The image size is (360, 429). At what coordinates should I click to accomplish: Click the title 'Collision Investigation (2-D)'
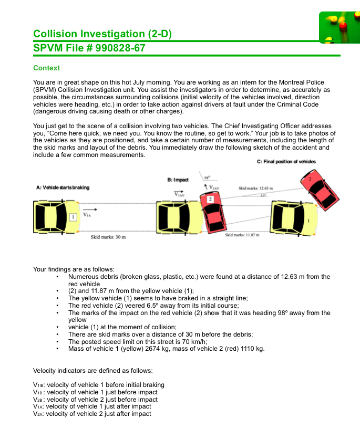[102, 34]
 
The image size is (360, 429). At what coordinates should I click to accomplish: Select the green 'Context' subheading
[46, 68]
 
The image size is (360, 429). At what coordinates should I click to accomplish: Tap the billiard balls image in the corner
[340, 27]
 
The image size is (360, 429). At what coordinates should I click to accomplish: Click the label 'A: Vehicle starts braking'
[63, 187]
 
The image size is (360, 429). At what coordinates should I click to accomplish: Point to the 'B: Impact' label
[178, 180]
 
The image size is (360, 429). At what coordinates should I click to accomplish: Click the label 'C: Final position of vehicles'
[286, 162]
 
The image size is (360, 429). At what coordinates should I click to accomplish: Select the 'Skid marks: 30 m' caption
[108, 237]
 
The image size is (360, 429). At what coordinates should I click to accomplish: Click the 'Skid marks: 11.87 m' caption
[242, 235]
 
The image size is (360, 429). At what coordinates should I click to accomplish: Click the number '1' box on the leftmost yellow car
[74, 216]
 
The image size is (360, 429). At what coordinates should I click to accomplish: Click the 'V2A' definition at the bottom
[92, 414]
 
